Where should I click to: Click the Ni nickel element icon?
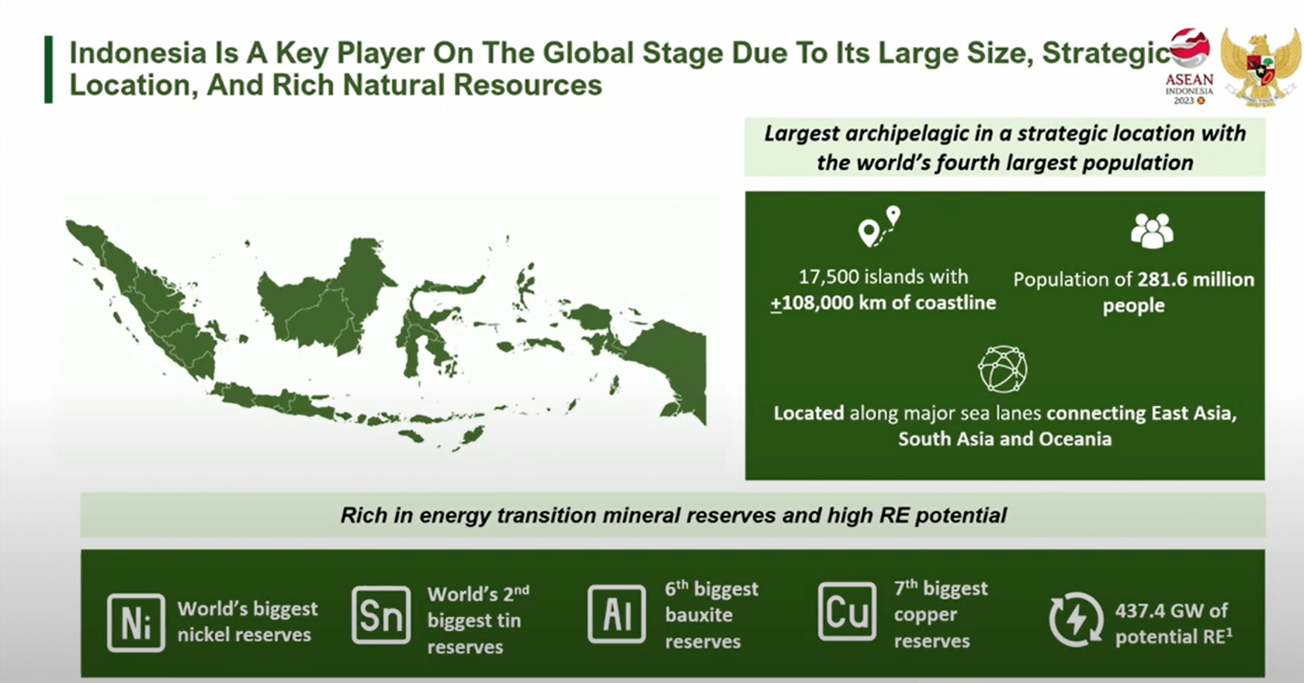coord(136,623)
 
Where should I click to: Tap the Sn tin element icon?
coord(381,615)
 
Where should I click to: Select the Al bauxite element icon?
coord(616,614)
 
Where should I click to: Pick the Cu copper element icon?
coord(847,611)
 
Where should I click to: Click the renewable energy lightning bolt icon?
coord(1076,619)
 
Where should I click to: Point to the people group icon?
coord(1152,230)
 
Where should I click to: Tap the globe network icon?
coord(1003,369)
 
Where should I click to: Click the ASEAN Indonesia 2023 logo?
coord(1189,67)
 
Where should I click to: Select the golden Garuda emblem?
coord(1260,67)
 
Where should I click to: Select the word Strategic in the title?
coord(1106,53)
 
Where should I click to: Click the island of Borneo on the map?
coord(323,302)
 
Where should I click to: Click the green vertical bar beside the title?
coord(48,70)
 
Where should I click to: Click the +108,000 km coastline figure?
coord(882,303)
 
